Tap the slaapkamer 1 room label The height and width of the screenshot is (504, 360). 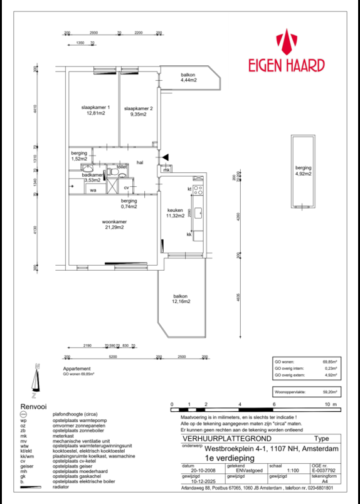point(95,110)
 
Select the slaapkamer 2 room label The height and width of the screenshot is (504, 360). point(137,111)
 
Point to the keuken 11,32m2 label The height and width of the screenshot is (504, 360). point(175,213)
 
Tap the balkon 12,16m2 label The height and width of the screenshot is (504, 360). point(181,300)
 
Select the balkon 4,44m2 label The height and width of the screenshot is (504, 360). point(189,78)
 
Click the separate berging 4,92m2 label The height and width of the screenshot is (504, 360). point(304,171)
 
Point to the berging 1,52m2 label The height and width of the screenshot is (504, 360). point(78,157)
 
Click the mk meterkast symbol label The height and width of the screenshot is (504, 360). point(166,170)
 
